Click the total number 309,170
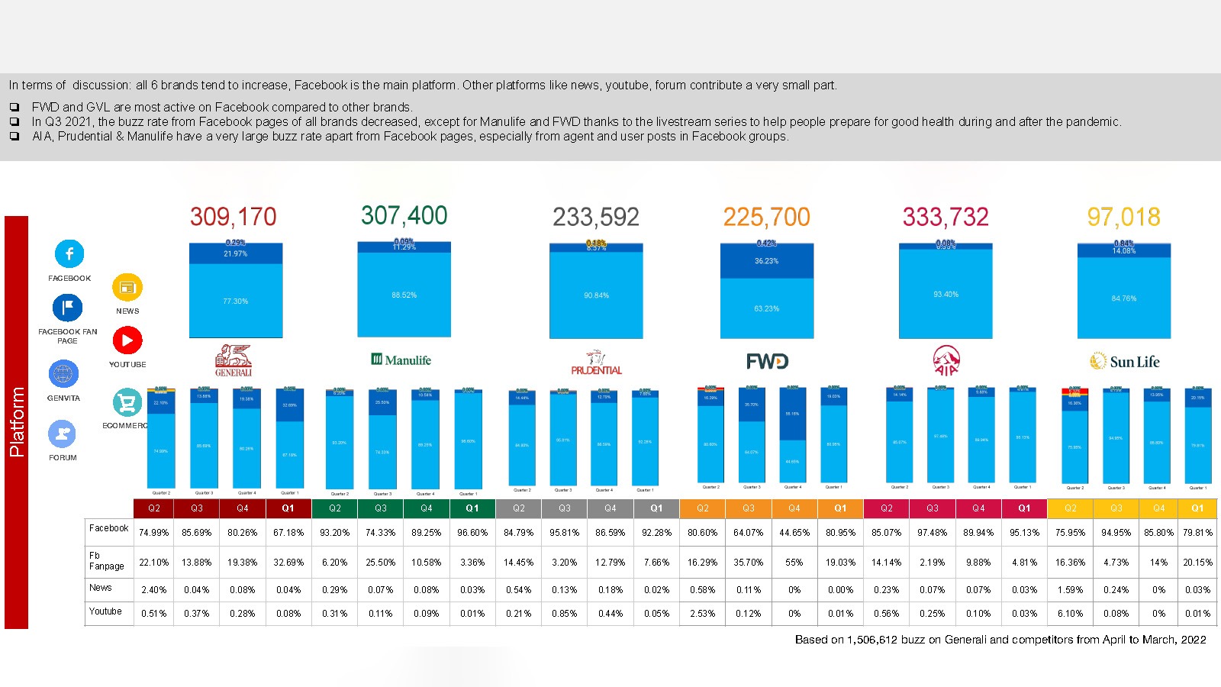(233, 217)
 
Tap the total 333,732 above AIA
(946, 218)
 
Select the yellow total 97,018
(1123, 218)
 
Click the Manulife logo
(401, 360)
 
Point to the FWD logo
(767, 361)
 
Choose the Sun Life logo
(1124, 362)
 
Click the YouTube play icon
(127, 340)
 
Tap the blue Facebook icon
(69, 253)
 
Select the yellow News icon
(127, 288)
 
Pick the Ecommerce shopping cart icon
(127, 402)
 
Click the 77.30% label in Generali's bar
(235, 302)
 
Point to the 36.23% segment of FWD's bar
(766, 261)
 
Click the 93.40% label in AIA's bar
(946, 295)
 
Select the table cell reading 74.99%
(153, 533)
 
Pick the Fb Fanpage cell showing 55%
(794, 563)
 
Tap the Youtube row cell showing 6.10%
(1070, 614)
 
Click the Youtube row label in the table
(105, 611)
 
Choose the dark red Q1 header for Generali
(288, 508)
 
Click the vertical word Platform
(16, 422)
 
